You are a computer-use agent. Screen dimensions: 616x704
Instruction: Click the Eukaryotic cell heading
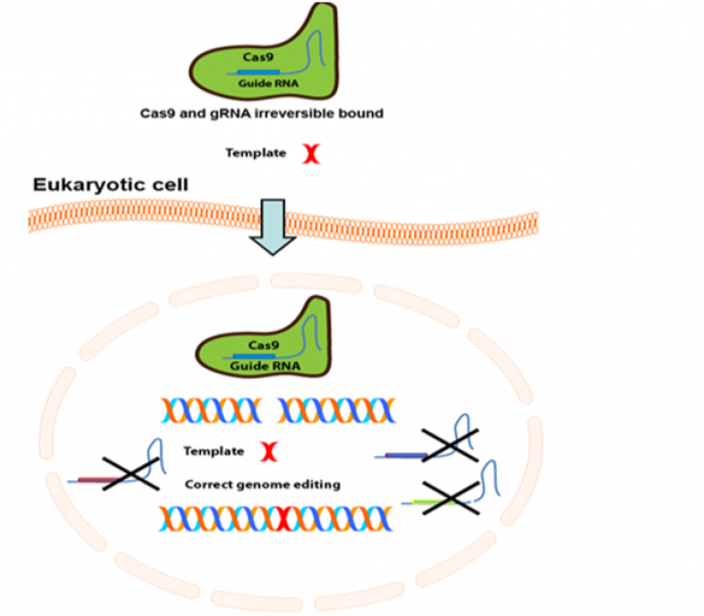(x=111, y=185)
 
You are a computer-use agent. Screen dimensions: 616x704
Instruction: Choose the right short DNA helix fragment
(x=336, y=409)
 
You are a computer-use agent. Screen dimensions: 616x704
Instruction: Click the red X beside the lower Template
(x=269, y=450)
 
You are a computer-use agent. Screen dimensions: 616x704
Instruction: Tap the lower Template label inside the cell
(x=214, y=451)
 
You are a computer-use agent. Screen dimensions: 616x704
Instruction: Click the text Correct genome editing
(x=262, y=484)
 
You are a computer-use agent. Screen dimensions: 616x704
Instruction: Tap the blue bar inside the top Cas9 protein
(x=258, y=71)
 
